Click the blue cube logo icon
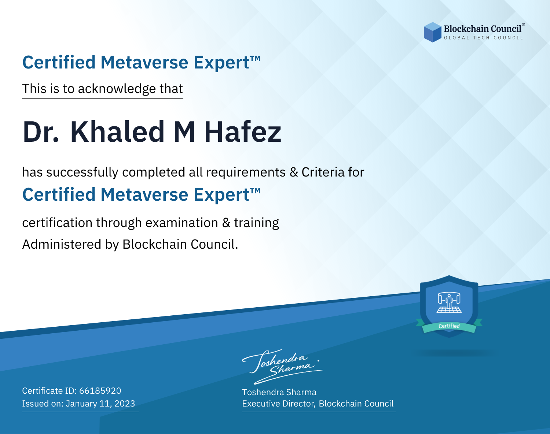click(x=432, y=32)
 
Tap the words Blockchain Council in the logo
click(x=483, y=29)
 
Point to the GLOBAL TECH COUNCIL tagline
click(x=483, y=38)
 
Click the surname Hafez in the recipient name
click(x=243, y=132)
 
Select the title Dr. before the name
click(x=41, y=132)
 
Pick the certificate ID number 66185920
click(x=100, y=391)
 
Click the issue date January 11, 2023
click(x=100, y=404)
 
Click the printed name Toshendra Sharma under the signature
click(x=279, y=392)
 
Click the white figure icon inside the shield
click(x=449, y=303)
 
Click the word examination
click(x=181, y=223)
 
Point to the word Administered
click(x=62, y=244)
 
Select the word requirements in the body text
click(x=246, y=173)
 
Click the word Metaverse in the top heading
click(x=144, y=62)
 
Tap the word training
click(x=256, y=223)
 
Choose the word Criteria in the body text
click(x=323, y=172)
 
